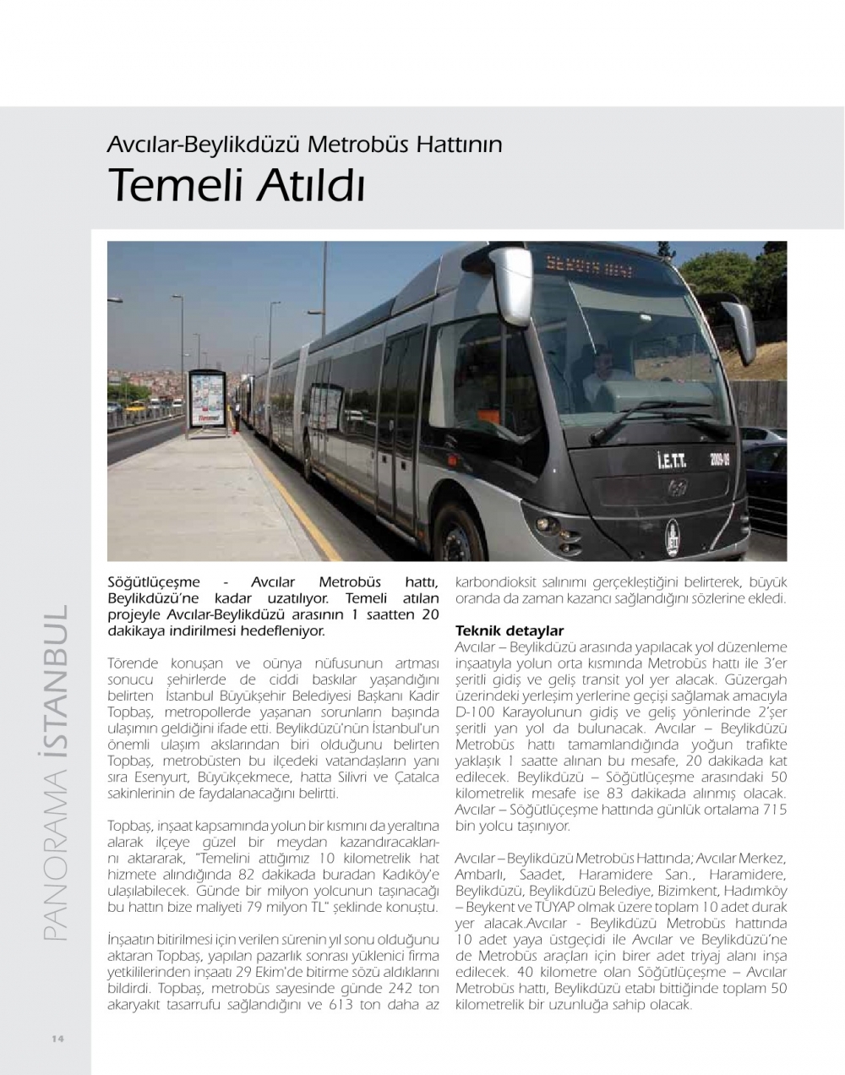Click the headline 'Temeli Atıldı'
click(237, 185)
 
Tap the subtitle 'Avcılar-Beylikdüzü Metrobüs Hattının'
click(304, 145)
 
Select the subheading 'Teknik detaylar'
click(510, 630)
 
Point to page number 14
click(58, 1038)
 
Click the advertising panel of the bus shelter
click(208, 401)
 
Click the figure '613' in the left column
click(350, 1006)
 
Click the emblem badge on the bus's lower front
click(673, 536)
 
